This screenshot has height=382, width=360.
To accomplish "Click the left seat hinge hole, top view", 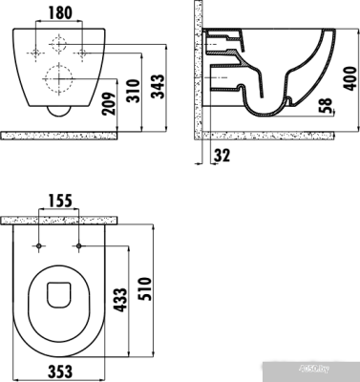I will coord(38,245).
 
